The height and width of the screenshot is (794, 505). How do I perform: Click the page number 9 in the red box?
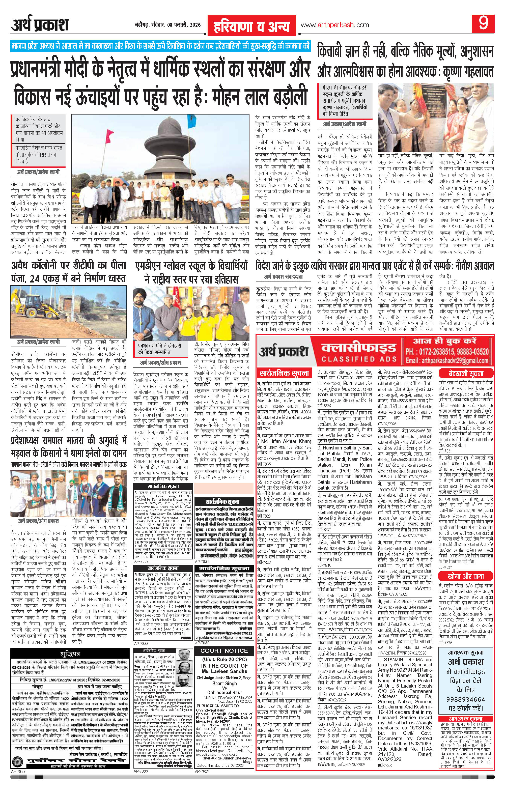[x=484, y=25]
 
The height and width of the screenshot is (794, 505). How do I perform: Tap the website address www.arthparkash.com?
[x=334, y=25]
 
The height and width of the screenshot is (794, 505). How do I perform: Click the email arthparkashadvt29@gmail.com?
[x=447, y=361]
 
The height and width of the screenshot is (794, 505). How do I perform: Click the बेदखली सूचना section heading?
[x=465, y=374]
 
